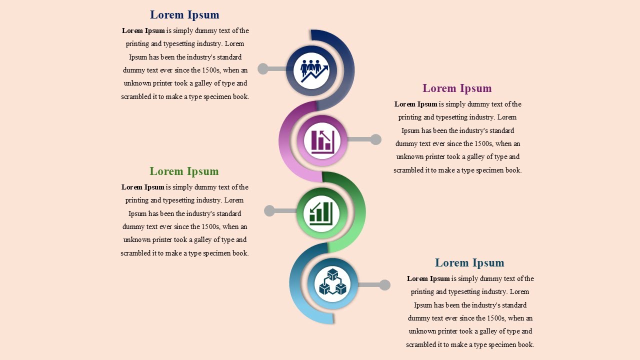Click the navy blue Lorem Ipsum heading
tap(184, 15)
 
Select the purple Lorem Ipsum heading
tap(457, 88)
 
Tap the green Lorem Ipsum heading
tap(184, 171)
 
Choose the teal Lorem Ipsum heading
tap(469, 263)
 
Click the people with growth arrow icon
tap(314, 71)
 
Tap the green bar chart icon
tap(321, 213)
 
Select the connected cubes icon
tap(332, 281)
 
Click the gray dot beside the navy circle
tap(263, 69)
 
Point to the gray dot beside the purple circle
tap(375, 139)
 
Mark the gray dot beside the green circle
tap(269, 211)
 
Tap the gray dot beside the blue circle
tap(385, 285)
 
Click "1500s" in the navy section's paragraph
tap(211, 70)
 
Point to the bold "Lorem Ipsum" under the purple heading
tap(415, 104)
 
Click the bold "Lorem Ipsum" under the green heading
tap(142, 187)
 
